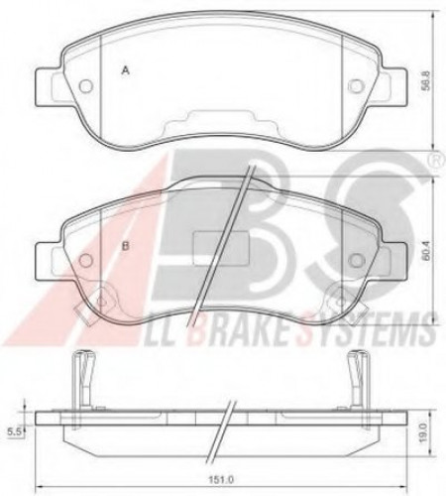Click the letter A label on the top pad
point(125,70)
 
